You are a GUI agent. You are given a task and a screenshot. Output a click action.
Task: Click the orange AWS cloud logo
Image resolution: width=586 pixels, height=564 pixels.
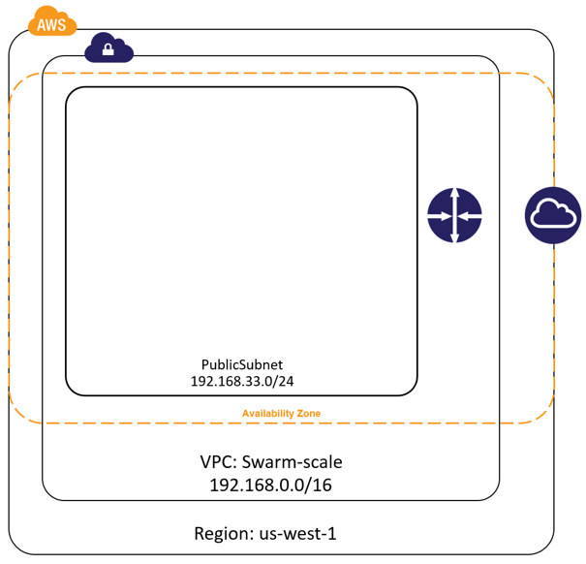52,21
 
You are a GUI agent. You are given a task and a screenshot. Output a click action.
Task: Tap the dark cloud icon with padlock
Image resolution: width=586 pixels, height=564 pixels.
108,47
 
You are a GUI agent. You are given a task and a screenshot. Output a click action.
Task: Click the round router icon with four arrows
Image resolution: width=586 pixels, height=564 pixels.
454,215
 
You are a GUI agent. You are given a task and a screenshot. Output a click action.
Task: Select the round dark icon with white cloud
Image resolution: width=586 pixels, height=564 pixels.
553,215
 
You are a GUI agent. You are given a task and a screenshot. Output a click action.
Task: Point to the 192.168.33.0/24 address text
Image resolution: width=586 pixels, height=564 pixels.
241,381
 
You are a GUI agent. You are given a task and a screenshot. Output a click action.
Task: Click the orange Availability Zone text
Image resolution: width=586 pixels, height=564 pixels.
281,414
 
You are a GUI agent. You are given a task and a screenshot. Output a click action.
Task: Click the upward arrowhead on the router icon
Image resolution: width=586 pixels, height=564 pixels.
454,196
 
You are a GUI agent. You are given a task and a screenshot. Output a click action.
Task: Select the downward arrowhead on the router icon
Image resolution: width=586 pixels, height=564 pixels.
454,235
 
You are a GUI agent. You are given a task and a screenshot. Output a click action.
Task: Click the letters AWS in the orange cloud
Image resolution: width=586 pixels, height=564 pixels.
52,24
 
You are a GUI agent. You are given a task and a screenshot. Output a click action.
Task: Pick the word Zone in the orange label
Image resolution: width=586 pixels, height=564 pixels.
307,414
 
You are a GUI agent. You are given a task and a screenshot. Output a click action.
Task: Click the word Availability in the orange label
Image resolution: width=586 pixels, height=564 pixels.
266,414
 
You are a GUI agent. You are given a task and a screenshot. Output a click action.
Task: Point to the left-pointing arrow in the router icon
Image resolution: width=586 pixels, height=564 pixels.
468,215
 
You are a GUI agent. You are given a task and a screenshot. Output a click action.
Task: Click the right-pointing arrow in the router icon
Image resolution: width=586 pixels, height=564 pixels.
441,215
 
